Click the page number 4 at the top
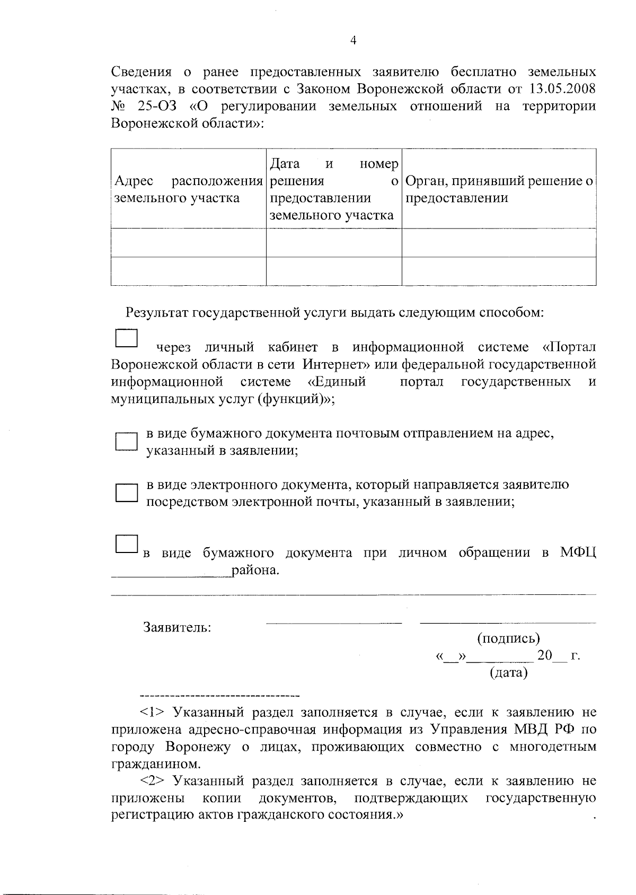pyautogui.click(x=353, y=41)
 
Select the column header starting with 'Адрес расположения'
pyautogui.click(x=188, y=189)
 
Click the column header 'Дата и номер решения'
pyautogui.click(x=333, y=189)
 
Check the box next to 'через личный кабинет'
pyautogui.click(x=126, y=338)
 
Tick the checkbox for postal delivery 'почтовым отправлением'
pyautogui.click(x=126, y=442)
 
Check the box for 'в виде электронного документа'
pyautogui.click(x=126, y=493)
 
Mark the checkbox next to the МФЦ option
pyautogui.click(x=126, y=544)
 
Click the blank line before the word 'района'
pyautogui.click(x=171, y=573)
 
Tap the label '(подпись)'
pyautogui.click(x=508, y=638)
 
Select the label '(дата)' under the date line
pyautogui.click(x=508, y=673)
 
